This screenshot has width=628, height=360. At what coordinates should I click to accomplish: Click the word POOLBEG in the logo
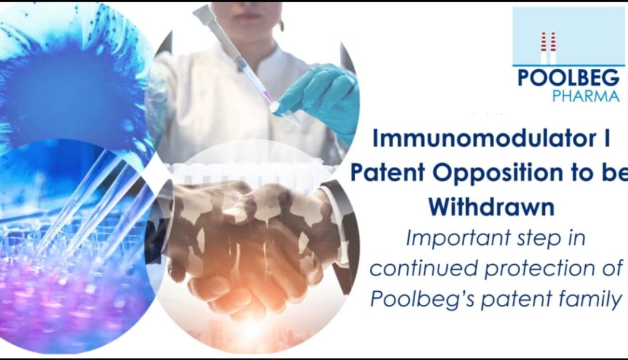point(569,78)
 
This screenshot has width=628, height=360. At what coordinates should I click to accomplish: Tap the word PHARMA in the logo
point(586,96)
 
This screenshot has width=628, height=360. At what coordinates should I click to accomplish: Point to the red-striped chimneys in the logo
point(548,48)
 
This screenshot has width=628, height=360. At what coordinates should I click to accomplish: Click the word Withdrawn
point(491,207)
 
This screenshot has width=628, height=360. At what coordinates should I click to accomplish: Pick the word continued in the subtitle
point(424,268)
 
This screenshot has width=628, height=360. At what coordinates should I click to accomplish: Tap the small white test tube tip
point(274,107)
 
